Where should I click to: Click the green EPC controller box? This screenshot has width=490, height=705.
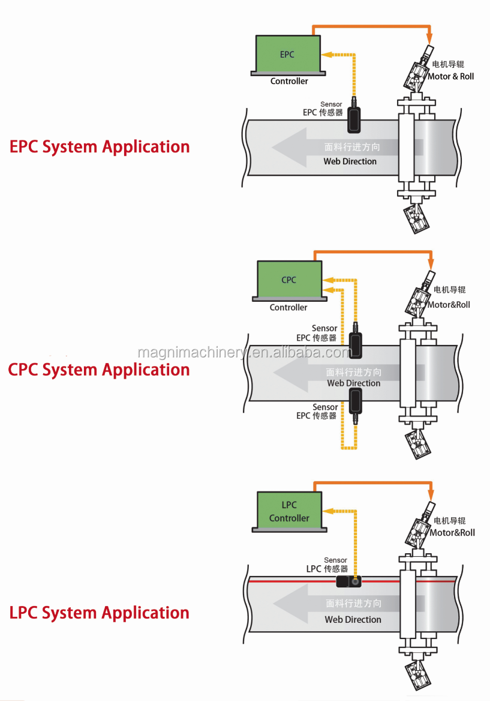(287, 55)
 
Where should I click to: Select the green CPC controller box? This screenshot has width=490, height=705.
(288, 280)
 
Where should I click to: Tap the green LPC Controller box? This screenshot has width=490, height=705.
(289, 511)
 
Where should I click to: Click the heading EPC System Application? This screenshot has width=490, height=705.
(100, 147)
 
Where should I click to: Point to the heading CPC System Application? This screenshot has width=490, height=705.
(99, 370)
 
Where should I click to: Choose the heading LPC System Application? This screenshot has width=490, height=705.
(100, 613)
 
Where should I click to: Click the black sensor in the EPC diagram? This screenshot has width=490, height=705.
(354, 119)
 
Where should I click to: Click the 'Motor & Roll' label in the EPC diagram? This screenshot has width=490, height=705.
(450, 76)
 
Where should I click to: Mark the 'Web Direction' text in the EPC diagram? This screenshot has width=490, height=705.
(350, 161)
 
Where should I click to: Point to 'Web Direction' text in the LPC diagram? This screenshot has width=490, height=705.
(353, 619)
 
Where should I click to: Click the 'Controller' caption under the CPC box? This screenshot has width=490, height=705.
(288, 307)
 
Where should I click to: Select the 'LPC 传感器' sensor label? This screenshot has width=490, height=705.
(327, 568)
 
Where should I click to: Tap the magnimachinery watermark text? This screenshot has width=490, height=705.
(244, 352)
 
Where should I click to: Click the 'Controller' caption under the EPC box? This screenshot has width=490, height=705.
(289, 81)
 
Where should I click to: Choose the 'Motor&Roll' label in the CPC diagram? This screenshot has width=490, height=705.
(449, 304)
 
